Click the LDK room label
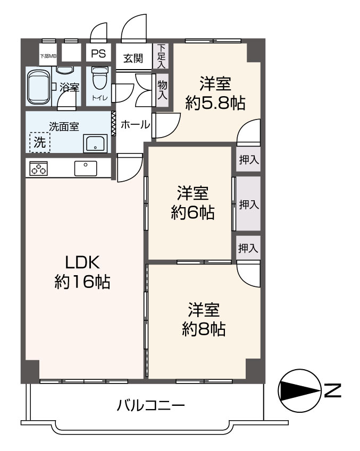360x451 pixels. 82,262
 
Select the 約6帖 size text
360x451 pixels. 192,212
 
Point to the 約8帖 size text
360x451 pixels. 204,329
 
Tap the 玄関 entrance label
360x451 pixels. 133,58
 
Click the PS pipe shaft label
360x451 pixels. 98,53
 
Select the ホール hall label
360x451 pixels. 135,124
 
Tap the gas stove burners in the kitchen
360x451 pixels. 38,168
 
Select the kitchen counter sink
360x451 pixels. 85,168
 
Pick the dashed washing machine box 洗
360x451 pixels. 39,142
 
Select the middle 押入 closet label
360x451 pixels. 248,203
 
